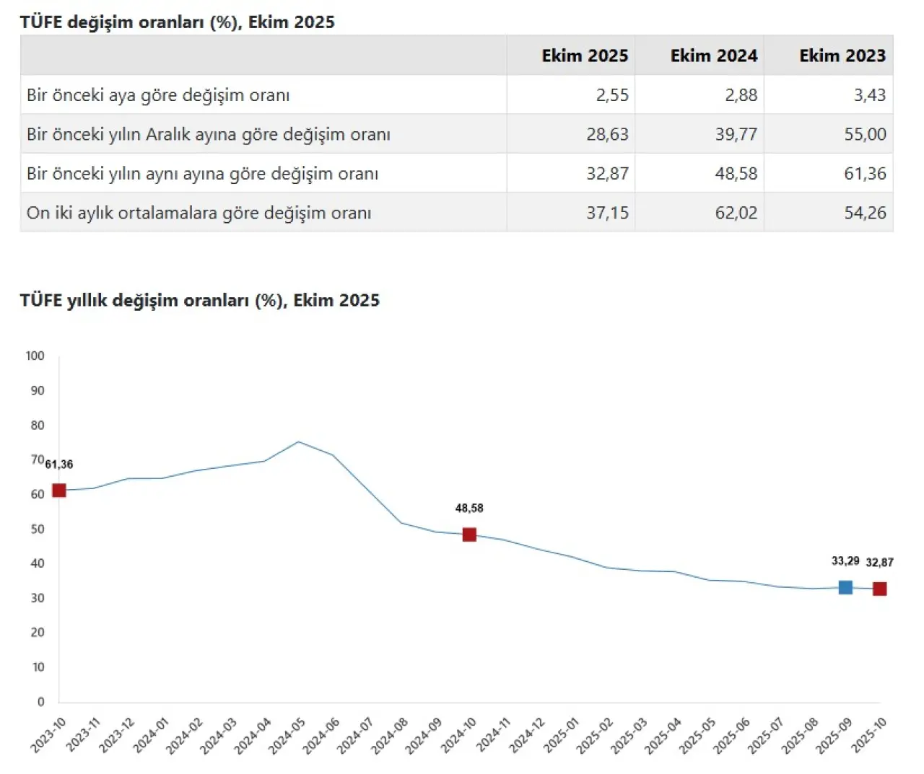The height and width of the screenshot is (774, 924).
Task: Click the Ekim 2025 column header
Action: (x=585, y=56)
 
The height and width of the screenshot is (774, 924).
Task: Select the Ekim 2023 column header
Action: (x=842, y=56)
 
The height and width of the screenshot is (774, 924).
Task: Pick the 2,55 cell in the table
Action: (x=612, y=95)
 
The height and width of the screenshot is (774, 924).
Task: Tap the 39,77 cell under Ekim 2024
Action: (x=736, y=134)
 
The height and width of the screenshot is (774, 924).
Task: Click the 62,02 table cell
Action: (x=736, y=213)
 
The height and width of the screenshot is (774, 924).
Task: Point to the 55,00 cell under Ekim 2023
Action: (x=865, y=134)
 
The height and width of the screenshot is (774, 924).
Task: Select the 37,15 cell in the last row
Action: (x=607, y=213)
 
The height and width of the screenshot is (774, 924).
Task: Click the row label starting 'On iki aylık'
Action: (x=199, y=213)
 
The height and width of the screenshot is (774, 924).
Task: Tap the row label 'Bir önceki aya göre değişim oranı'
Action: (x=158, y=95)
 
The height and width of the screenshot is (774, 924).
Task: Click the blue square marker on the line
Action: (x=845, y=587)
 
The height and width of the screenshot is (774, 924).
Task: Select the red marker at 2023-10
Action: (x=59, y=491)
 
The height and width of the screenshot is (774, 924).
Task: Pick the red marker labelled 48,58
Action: (x=469, y=535)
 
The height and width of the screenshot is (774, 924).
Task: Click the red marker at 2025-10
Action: (x=879, y=589)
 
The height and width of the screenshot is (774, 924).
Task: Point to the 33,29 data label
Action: (x=845, y=560)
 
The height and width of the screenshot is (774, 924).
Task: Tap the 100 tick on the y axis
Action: (x=35, y=356)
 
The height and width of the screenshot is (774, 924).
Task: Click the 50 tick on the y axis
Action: (x=38, y=529)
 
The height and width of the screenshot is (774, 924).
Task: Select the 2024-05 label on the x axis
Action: (x=287, y=736)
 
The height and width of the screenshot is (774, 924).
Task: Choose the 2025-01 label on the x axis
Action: (x=561, y=736)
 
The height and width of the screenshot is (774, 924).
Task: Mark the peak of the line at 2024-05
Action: (x=299, y=441)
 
